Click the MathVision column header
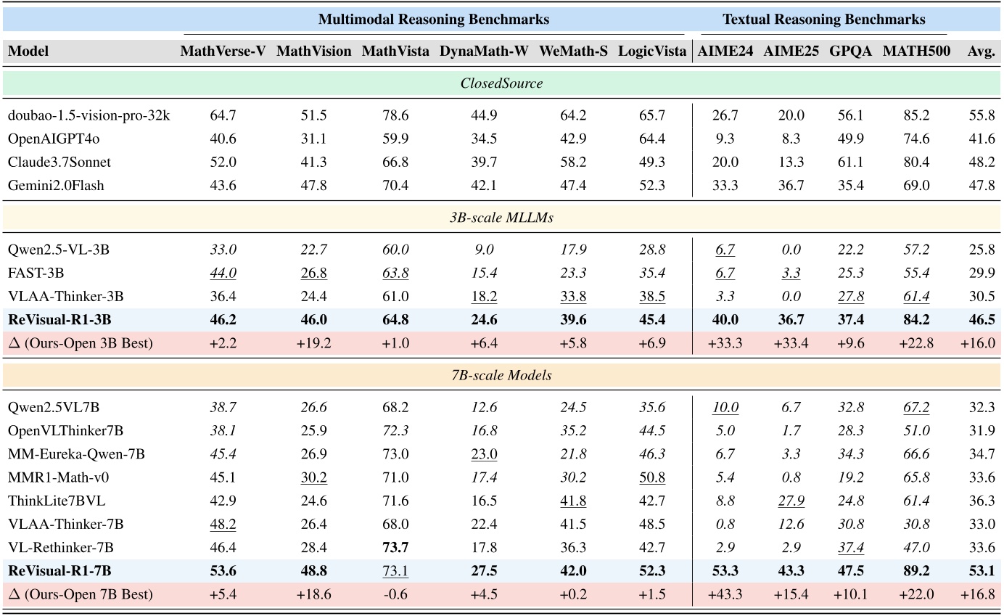pos(313,52)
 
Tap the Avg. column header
pos(981,52)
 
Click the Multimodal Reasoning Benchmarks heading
pos(434,20)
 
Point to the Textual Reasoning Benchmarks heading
pos(823,20)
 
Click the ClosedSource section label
pos(501,83)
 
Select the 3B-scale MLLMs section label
pos(501,218)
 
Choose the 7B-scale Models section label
pos(501,376)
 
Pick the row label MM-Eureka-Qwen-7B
pos(76,454)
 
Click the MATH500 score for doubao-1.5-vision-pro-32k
pos(915,115)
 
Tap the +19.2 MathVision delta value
pos(313,343)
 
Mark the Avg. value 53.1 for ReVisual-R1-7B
pos(981,571)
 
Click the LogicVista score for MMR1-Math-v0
pos(651,477)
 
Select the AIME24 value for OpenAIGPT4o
pos(725,139)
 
